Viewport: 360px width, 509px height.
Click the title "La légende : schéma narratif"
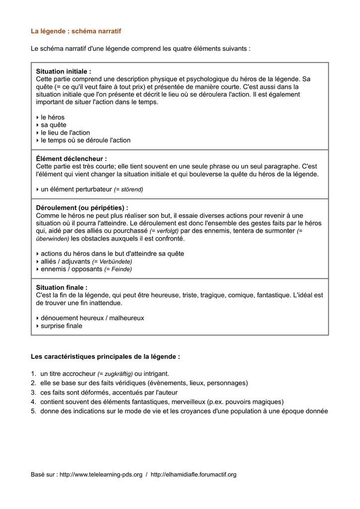pos(76,31)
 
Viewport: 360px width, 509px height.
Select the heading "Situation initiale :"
pos(63,72)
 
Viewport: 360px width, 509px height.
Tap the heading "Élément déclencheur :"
pos(71,159)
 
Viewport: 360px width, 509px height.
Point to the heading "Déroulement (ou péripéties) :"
pos(82,208)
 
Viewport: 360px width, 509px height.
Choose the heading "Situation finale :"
pos(62,287)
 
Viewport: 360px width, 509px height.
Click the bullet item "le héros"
pos(52,117)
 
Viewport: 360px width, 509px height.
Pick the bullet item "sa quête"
pos(53,125)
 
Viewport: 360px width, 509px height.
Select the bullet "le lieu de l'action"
pos(65,133)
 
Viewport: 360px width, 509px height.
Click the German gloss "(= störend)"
pos(128,189)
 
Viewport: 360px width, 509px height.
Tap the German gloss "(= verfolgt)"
pos(164,231)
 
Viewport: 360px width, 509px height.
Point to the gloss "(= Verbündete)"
pos(112,261)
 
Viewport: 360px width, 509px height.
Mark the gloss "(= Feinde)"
pos(118,269)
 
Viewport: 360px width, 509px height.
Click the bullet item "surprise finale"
pos(61,326)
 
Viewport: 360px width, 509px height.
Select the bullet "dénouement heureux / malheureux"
pos(92,318)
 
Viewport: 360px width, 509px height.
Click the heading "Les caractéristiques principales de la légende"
pos(105,357)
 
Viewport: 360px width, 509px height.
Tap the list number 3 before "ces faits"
pos(33,393)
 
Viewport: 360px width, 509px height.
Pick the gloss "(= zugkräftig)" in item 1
pos(115,374)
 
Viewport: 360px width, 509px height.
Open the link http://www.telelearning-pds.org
pos(101,475)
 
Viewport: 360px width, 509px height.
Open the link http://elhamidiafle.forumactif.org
pos(193,475)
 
